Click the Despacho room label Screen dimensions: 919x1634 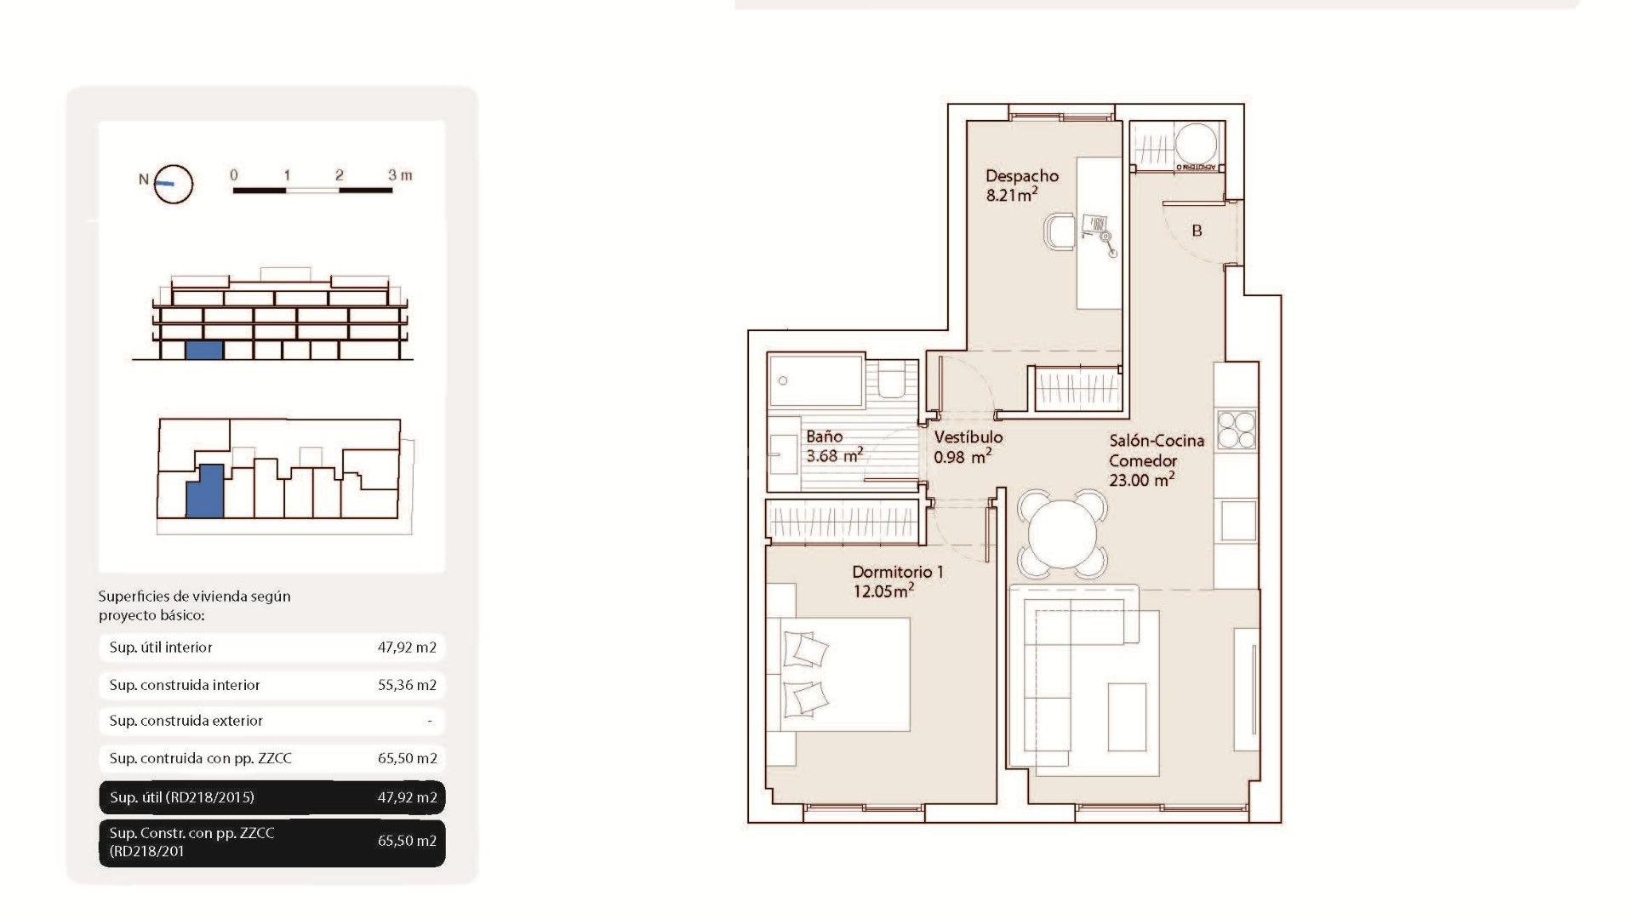tap(1021, 176)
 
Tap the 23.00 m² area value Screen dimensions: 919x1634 tap(1141, 480)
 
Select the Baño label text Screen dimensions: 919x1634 tap(824, 437)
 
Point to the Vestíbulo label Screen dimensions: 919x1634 tap(968, 437)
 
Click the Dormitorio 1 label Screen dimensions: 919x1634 tap(897, 572)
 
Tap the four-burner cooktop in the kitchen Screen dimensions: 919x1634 tap(1236, 430)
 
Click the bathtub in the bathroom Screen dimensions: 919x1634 tap(815, 381)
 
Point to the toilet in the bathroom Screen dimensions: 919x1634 tap(892, 381)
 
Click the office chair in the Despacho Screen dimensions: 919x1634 tap(1060, 232)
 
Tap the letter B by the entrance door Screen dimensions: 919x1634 tap(1197, 231)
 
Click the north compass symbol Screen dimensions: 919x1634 tap(173, 183)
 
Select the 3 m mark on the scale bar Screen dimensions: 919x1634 tap(399, 175)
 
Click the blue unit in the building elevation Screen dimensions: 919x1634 tap(204, 350)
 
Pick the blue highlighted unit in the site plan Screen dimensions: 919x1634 tap(204, 491)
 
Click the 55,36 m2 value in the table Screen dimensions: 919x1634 tap(407, 685)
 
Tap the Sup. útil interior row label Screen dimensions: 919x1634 tap(161, 648)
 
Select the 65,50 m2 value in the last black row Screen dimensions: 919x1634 tap(407, 841)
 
